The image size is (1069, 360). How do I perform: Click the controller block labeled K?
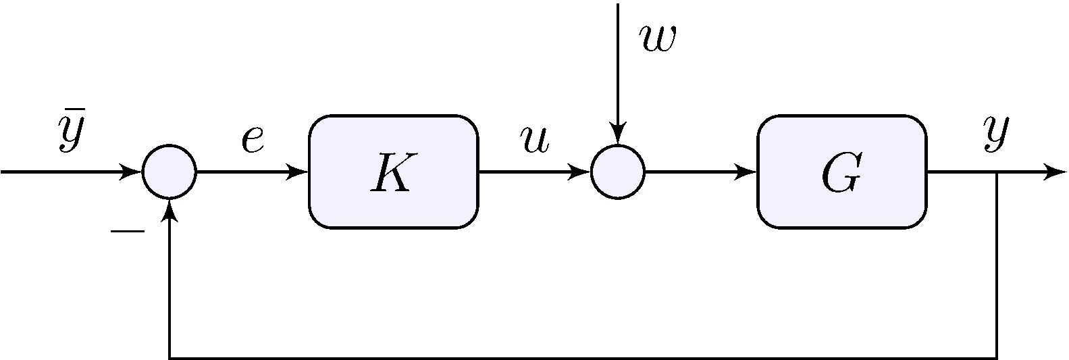[x=393, y=172]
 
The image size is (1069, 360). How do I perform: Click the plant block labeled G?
[x=841, y=172]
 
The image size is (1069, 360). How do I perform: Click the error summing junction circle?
[x=170, y=172]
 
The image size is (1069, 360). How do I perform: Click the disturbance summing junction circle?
[x=618, y=172]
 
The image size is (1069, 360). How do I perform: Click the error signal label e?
[x=253, y=138]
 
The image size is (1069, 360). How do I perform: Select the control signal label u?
[x=534, y=138]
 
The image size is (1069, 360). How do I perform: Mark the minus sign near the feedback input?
[x=128, y=232]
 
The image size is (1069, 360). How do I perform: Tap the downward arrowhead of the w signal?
[x=618, y=134]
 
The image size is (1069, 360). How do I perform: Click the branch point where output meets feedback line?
[x=997, y=172]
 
